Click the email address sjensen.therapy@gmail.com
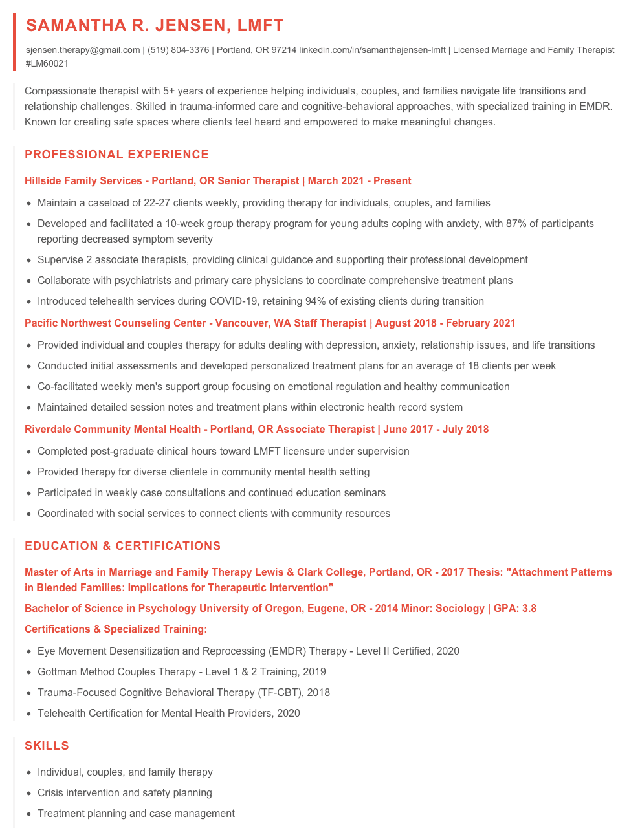[83, 50]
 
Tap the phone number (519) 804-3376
[178, 50]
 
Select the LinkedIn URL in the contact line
[372, 50]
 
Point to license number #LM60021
[47, 64]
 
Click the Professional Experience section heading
[116, 155]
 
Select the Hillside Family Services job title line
[217, 181]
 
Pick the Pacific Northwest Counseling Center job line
[270, 323]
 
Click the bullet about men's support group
[273, 387]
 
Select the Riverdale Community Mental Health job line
[256, 430]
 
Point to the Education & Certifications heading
[122, 546]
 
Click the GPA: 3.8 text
[515, 609]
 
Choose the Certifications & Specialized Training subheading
[116, 629]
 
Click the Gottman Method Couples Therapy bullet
[181, 672]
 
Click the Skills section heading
[47, 746]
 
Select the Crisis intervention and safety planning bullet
[124, 793]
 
